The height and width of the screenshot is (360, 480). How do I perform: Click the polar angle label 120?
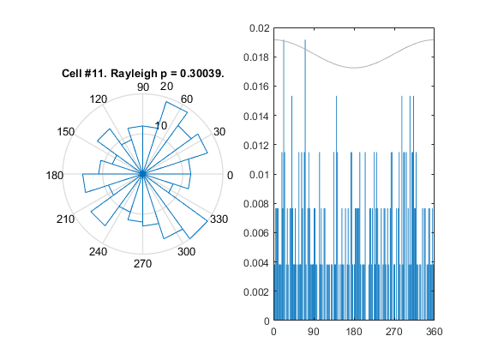(x=99, y=99)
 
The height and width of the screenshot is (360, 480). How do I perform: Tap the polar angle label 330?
(x=219, y=219)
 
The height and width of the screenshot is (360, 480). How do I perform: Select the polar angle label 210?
(x=65, y=219)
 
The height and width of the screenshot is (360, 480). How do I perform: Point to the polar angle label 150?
(x=65, y=132)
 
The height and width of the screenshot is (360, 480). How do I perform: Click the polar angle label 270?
(x=142, y=264)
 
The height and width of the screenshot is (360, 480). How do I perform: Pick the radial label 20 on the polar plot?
(x=166, y=87)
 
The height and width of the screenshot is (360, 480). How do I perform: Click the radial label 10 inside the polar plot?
(x=161, y=125)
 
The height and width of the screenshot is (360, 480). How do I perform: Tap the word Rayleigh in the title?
(x=134, y=74)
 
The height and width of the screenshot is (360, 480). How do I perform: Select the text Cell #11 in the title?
(x=82, y=74)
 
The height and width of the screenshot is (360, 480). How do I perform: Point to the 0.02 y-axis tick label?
(x=260, y=28)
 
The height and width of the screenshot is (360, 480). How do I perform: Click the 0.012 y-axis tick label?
(x=256, y=145)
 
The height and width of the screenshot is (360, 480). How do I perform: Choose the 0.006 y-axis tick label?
(x=256, y=233)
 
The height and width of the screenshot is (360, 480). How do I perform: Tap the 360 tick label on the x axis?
(x=434, y=332)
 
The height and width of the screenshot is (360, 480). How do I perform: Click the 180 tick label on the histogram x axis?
(x=354, y=332)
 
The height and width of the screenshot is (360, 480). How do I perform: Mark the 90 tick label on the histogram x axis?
(x=314, y=332)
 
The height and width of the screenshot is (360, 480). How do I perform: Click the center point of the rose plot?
(x=142, y=174)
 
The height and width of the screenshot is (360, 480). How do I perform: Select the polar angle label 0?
(x=230, y=176)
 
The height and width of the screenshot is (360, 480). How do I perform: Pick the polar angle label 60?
(x=187, y=99)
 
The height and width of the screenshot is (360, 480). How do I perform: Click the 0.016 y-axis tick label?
(x=256, y=87)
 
